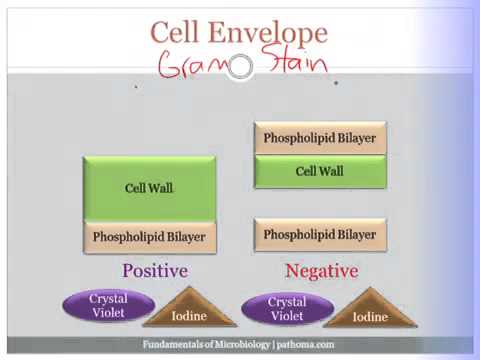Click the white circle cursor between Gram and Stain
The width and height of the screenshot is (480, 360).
240,67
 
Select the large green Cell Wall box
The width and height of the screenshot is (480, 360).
149,188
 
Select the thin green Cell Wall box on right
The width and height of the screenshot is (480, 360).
319,172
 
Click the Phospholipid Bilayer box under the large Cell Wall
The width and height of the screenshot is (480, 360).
149,237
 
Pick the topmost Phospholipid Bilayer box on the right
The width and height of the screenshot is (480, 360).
319,138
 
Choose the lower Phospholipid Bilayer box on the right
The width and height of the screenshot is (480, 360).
319,235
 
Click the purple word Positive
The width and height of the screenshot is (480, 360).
154,270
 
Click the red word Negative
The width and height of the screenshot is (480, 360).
321,271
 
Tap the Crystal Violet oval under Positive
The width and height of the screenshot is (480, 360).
108,305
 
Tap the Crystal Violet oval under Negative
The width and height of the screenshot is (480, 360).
287,309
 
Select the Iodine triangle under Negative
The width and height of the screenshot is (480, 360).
369,314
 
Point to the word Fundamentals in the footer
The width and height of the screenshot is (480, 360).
172,345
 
